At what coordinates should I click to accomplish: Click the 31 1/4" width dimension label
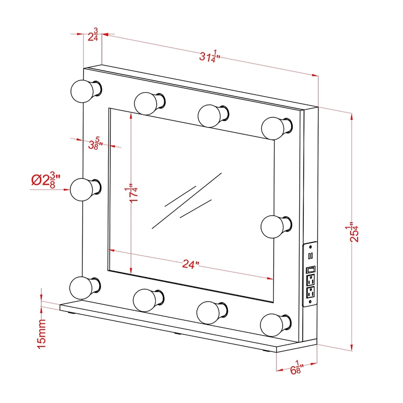point(210,56)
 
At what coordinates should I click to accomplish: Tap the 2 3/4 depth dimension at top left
point(93,35)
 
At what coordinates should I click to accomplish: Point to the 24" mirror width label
point(191,264)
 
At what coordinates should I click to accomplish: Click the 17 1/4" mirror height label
point(134,193)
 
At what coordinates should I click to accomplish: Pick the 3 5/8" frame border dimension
point(95,144)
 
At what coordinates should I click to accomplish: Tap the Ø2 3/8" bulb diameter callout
point(46,180)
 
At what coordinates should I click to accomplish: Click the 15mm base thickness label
point(42,334)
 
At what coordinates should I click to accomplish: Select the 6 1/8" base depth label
point(297,368)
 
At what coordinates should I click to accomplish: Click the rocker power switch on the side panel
point(311,270)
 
